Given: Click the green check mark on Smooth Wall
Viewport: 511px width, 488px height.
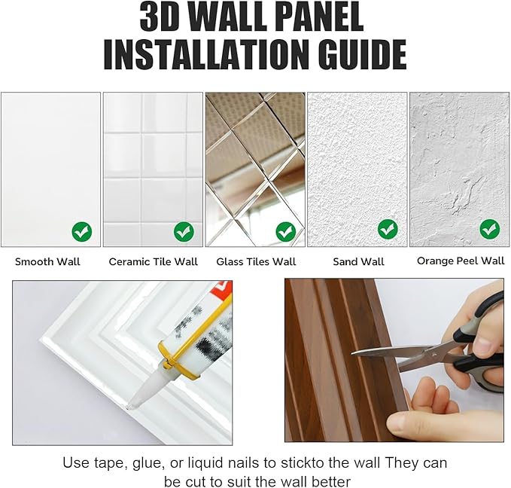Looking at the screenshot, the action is click(x=82, y=232).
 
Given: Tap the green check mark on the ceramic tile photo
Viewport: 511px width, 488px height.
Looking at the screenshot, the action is click(x=184, y=232).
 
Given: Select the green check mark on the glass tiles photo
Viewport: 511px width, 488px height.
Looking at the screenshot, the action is click(x=286, y=232).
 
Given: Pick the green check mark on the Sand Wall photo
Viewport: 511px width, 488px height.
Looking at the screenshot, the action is click(x=388, y=230).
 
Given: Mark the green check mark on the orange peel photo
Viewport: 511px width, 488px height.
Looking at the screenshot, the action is click(x=490, y=230).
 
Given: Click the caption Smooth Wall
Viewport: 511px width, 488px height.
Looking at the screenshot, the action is click(x=47, y=261).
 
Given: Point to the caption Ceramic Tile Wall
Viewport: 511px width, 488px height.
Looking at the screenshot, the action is click(x=154, y=261).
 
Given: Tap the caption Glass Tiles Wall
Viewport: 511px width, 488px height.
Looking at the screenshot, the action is click(x=256, y=261).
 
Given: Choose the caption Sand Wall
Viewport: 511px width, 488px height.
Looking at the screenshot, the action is click(x=358, y=261).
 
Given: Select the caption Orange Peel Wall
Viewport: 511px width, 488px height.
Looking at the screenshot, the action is click(x=461, y=261).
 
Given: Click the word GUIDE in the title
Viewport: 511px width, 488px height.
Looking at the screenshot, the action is click(x=363, y=54).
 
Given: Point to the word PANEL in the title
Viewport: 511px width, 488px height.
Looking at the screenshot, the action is click(x=321, y=17).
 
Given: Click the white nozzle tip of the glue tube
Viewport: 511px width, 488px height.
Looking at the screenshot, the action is click(x=133, y=404).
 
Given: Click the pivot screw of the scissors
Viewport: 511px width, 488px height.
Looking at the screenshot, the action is click(x=433, y=354).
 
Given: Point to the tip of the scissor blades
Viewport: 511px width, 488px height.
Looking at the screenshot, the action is click(x=352, y=354).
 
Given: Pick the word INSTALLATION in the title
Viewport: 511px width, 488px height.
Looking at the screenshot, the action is click(x=206, y=54).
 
